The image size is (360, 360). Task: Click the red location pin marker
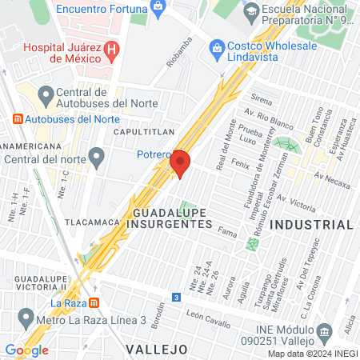[180, 163]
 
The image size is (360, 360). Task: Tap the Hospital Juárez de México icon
[112, 49]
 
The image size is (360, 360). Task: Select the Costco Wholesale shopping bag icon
[216, 49]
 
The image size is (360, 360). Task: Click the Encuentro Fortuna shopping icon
[158, 7]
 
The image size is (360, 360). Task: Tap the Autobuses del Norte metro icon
[18, 119]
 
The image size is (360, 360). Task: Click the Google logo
[26, 350]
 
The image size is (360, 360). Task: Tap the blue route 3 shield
[175, 297]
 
